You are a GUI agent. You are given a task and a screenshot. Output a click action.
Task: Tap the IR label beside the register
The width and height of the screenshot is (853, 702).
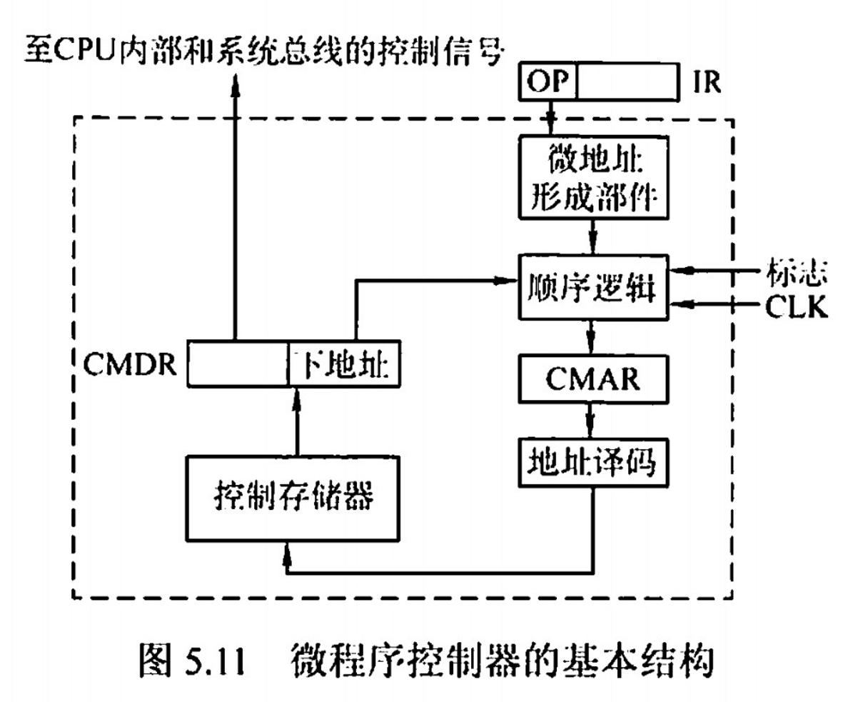[706, 84]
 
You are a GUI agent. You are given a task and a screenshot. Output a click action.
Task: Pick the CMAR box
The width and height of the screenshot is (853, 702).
[593, 378]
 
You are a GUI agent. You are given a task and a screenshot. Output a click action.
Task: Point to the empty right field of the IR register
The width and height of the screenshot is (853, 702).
[625, 84]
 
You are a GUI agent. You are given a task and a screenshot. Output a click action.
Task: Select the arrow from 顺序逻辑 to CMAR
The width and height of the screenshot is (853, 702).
[590, 336]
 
